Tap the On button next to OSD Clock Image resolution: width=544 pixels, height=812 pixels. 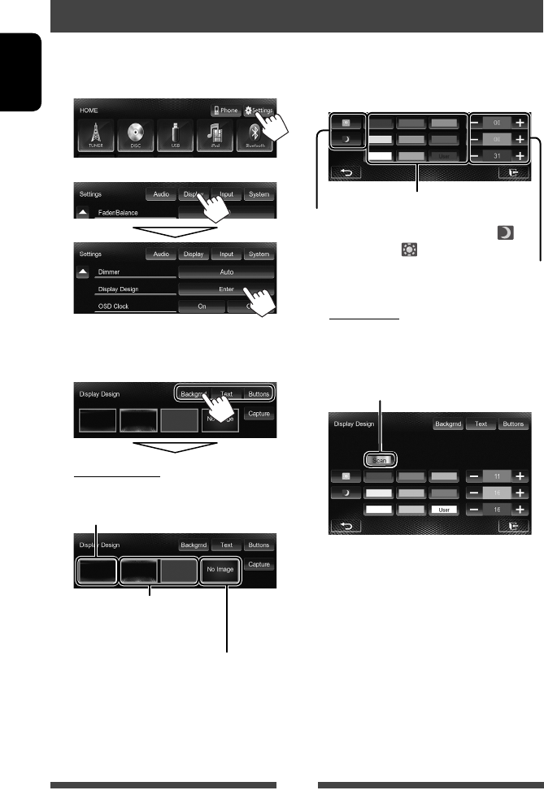click(200, 306)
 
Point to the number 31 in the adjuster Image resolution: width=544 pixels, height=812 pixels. click(498, 154)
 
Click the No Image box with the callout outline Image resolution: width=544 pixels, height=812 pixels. click(220, 570)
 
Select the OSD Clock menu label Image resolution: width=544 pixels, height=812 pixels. click(114, 306)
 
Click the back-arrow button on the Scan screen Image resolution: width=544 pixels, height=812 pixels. click(346, 527)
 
